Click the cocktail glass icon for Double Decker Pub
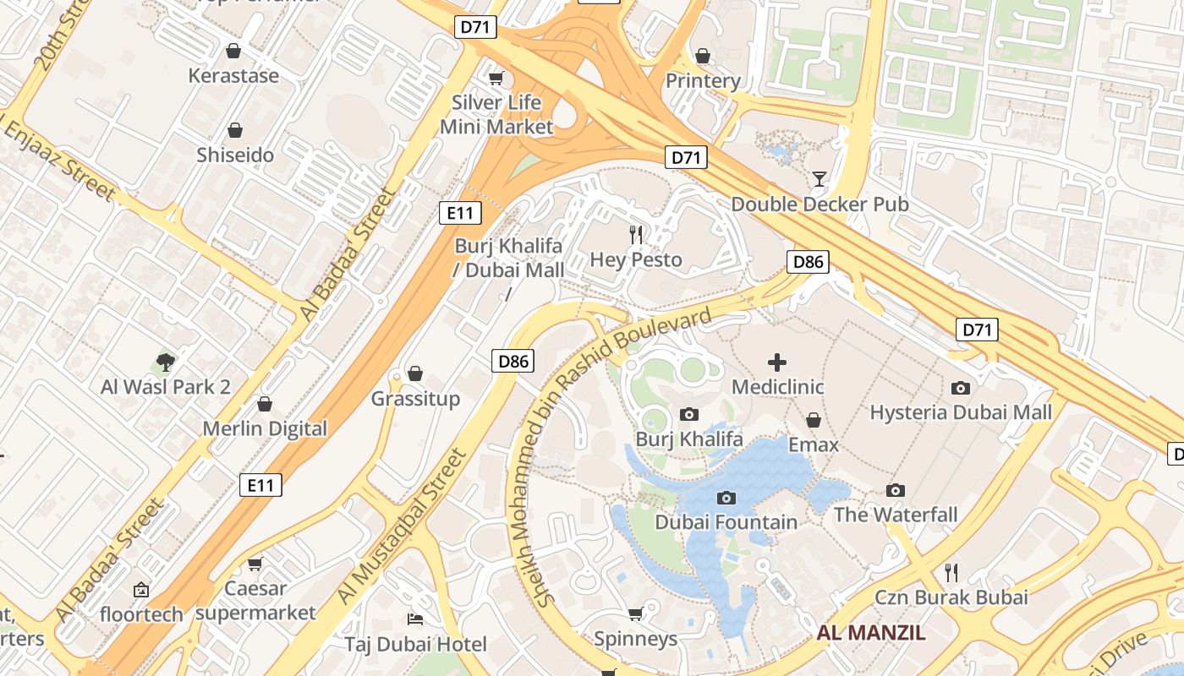tap(819, 178)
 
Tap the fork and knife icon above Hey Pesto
tap(636, 234)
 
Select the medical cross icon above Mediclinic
tap(776, 363)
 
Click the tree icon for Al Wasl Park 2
tap(166, 363)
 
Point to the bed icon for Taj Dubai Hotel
tap(414, 619)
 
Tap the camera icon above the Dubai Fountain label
tap(726, 498)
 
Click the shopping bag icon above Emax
tap(813, 420)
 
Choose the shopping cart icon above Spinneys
tap(635, 613)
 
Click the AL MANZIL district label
tap(871, 632)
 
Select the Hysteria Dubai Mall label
tap(961, 412)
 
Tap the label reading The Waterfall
tap(896, 515)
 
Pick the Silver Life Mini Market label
tap(496, 115)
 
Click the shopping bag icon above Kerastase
tap(233, 51)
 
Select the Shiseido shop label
tap(235, 155)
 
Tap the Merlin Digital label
tap(265, 428)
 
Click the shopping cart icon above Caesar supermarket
tap(255, 564)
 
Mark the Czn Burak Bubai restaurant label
tap(951, 597)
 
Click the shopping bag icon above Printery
tap(702, 57)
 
